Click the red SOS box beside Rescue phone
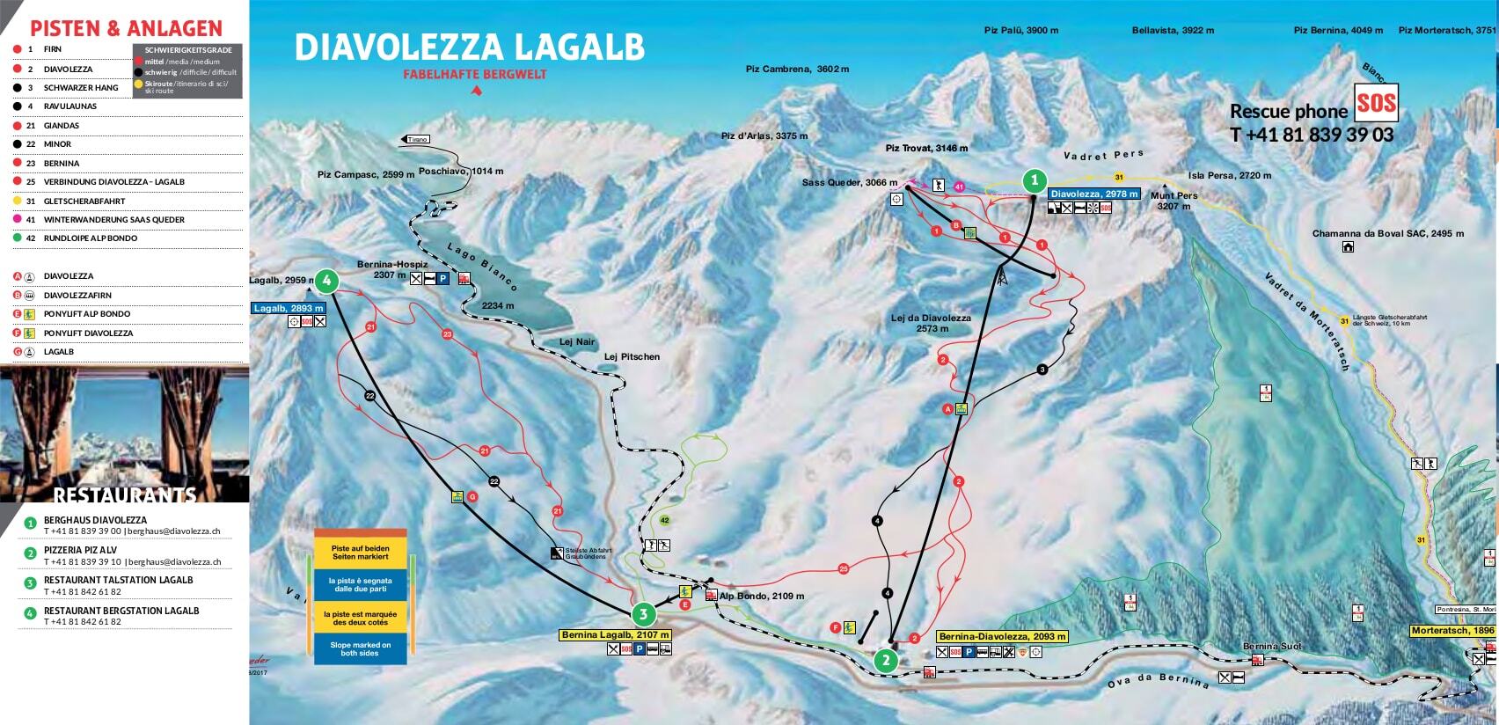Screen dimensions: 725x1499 click(1376, 104)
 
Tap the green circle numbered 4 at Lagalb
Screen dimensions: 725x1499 click(326, 281)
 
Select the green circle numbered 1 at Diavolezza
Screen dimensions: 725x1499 click(1034, 182)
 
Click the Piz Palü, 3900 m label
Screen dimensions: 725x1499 click(1020, 30)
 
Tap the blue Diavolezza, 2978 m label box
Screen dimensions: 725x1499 click(1094, 194)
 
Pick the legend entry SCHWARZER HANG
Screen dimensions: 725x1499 click(81, 88)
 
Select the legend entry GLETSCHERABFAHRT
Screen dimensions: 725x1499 click(84, 201)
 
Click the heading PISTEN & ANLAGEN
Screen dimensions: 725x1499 click(127, 28)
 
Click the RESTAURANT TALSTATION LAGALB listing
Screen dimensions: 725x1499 click(118, 581)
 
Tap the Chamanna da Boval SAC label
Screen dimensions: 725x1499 click(1388, 234)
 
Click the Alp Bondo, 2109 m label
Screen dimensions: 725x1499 click(761, 596)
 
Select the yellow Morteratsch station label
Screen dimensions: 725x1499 click(1452, 631)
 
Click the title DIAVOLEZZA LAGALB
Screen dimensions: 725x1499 click(469, 48)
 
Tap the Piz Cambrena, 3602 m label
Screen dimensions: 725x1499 click(797, 69)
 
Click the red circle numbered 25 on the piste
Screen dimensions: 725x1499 click(844, 568)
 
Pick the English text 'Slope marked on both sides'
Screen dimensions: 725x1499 click(361, 649)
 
